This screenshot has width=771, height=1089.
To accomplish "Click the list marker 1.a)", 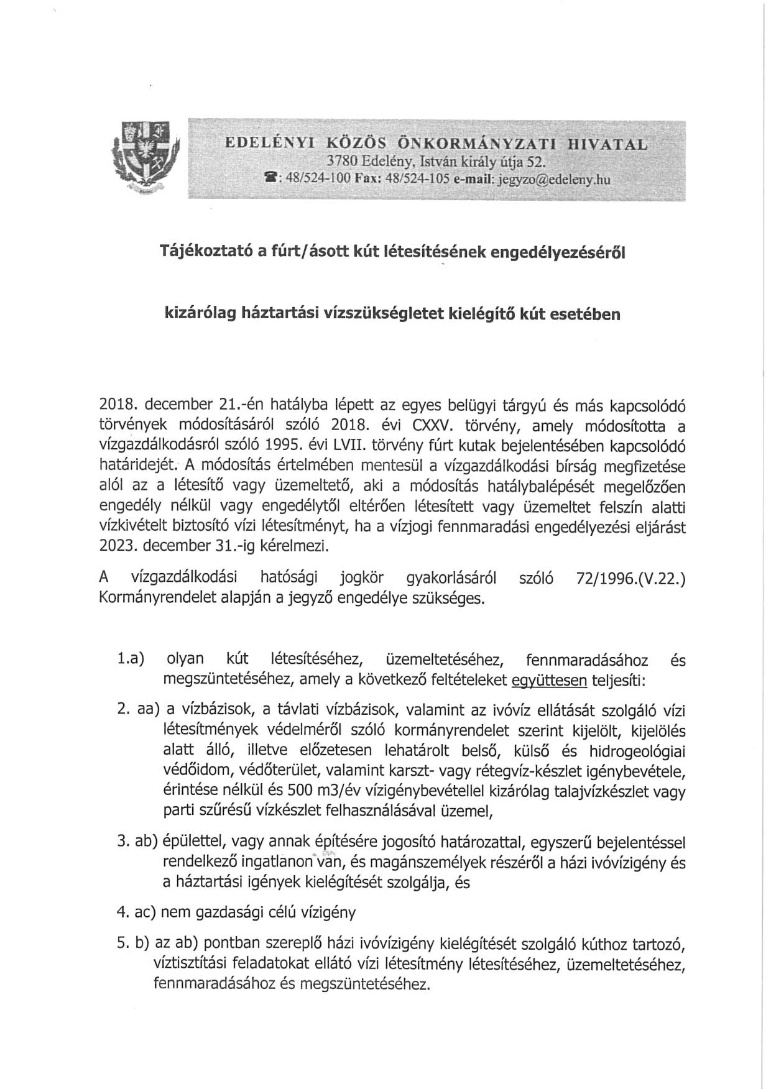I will (x=131, y=659).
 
